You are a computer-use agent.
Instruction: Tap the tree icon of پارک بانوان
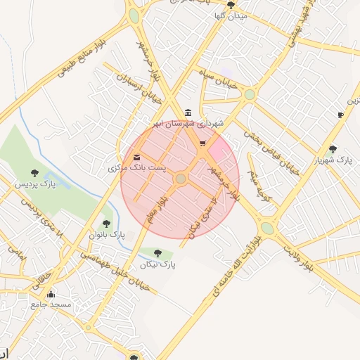106,224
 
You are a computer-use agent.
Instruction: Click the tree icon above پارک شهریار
333,148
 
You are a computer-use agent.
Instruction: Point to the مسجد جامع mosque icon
51,294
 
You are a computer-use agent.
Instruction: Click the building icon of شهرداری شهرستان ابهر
187,112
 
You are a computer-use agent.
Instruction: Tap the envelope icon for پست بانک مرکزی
136,157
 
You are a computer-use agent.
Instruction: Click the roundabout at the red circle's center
181,179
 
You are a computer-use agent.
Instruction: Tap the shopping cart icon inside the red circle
202,143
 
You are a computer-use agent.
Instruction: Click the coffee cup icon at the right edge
340,114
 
